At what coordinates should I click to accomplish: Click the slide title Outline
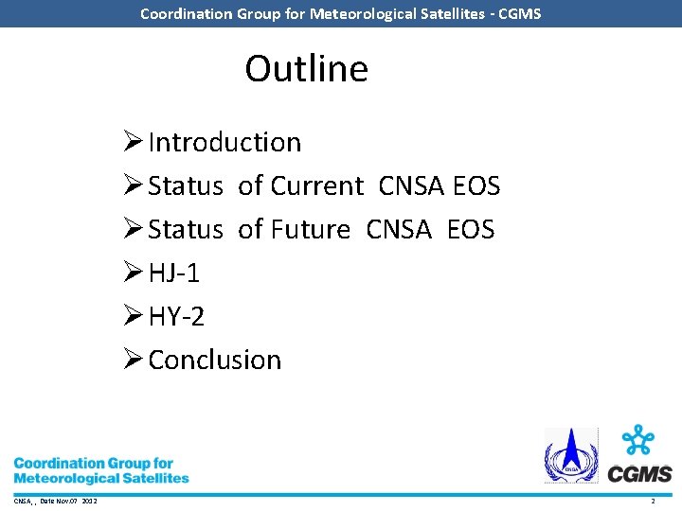pyautogui.click(x=306, y=69)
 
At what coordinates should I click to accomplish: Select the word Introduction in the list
pyautogui.click(x=224, y=142)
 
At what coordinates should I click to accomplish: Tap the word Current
pyautogui.click(x=316, y=185)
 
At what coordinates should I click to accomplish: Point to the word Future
pyautogui.click(x=310, y=229)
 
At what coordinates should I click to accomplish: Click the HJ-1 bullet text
pyautogui.click(x=174, y=273)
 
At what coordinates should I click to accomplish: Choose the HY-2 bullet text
pyautogui.click(x=176, y=317)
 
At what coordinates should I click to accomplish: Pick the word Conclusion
pyautogui.click(x=215, y=361)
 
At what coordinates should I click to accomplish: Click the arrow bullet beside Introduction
pyautogui.click(x=133, y=142)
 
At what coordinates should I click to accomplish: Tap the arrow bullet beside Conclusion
pyautogui.click(x=133, y=361)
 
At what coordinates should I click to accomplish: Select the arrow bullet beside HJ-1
pyautogui.click(x=133, y=273)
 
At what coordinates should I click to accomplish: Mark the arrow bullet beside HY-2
pyautogui.click(x=133, y=317)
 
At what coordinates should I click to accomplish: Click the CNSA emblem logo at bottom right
pyautogui.click(x=570, y=456)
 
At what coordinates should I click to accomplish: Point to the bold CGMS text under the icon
pyautogui.click(x=640, y=474)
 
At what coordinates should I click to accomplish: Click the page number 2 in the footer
pyautogui.click(x=653, y=501)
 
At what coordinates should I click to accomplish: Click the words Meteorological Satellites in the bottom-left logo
pyautogui.click(x=101, y=478)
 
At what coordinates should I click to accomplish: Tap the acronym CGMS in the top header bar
pyautogui.click(x=519, y=13)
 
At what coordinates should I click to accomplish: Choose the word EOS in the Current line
pyautogui.click(x=476, y=185)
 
